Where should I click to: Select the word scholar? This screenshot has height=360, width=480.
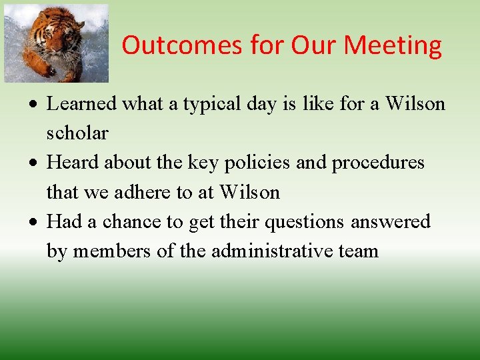pyautogui.click(x=77, y=133)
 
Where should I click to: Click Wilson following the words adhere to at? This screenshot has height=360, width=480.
pyautogui.click(x=249, y=192)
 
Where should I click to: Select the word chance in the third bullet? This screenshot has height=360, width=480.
pyautogui.click(x=131, y=221)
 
